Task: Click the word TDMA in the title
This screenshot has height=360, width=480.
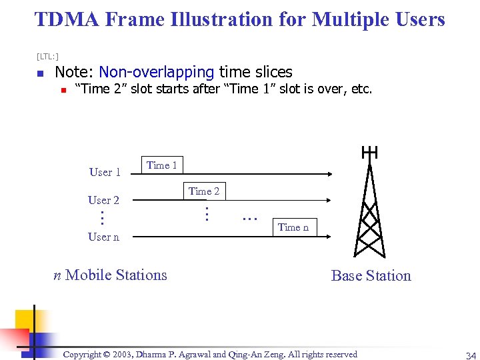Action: coord(65,19)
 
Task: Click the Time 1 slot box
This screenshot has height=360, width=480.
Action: coord(161,165)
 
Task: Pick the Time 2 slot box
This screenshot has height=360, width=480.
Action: coord(204,191)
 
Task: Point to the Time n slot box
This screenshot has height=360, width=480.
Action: coord(293,227)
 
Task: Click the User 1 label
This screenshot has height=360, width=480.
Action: coord(105,172)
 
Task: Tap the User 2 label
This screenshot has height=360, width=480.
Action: coord(103,200)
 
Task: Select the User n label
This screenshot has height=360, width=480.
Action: coord(103,237)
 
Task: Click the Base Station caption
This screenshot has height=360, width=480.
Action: coord(371,275)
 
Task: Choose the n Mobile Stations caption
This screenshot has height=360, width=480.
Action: coord(110,275)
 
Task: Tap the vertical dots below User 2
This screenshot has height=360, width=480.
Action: coord(102,217)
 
